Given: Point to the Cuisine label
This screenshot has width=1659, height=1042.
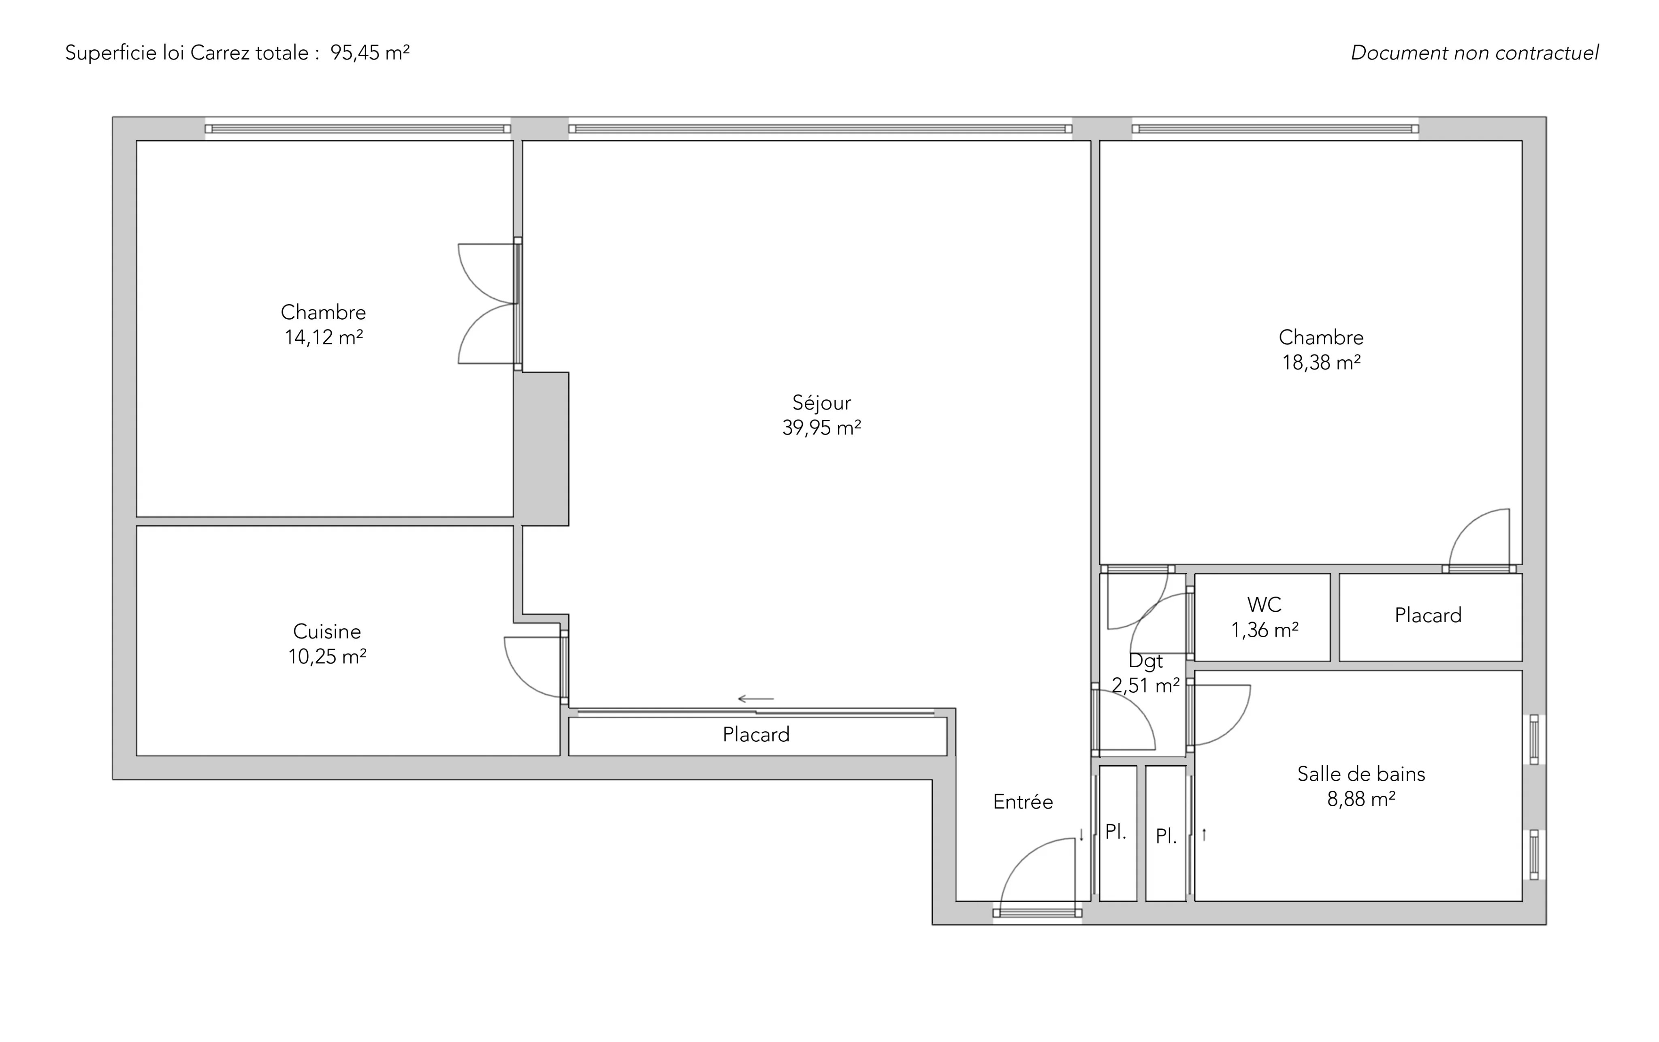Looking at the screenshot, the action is tap(326, 631).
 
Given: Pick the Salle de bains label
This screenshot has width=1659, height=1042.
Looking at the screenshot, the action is tap(1360, 774).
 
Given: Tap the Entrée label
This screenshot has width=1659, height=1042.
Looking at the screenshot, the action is tap(1023, 801).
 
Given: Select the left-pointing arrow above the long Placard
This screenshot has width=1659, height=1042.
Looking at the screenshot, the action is tap(756, 699).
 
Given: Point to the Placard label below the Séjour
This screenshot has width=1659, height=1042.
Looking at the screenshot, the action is tap(756, 735).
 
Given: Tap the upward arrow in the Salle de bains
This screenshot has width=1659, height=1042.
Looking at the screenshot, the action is tap(1204, 835).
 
